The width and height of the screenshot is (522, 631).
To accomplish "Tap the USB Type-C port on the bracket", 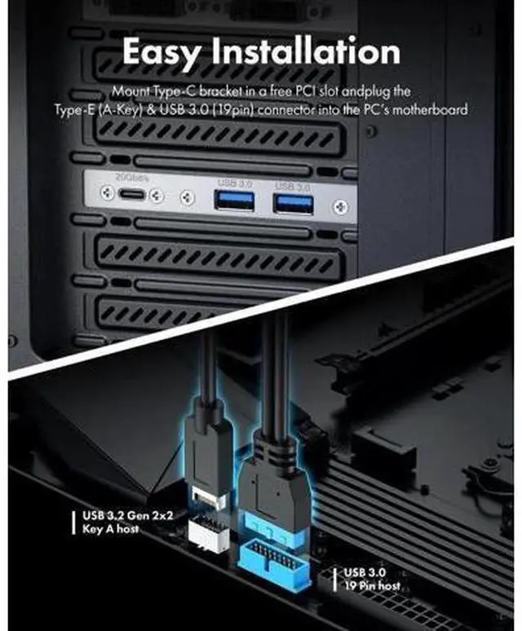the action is (130, 196).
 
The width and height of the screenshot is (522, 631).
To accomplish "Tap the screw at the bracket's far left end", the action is (105, 193).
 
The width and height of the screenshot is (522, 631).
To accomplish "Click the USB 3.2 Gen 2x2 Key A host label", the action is (123, 522).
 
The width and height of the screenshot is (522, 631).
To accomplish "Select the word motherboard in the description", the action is (432, 108).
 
